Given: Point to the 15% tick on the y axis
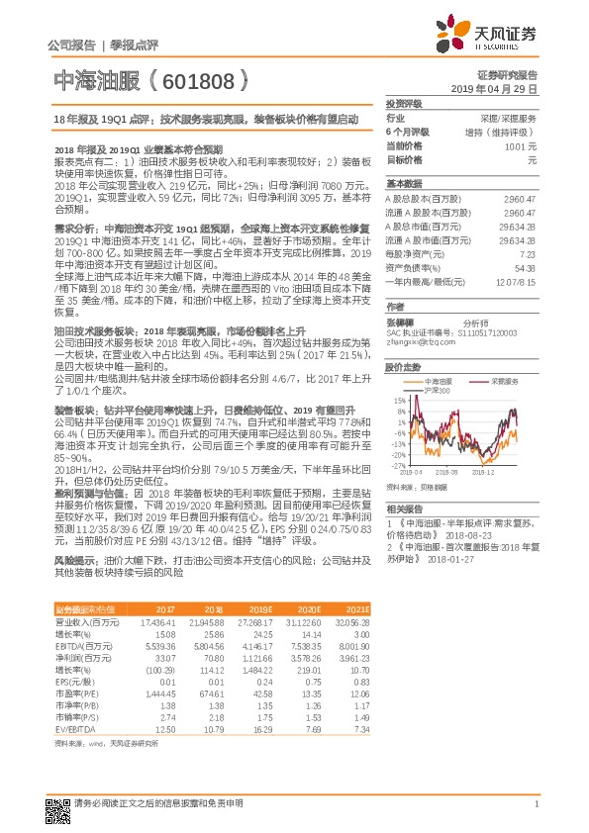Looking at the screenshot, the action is pos(400,400).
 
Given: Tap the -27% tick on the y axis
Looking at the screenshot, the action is pos(399,465).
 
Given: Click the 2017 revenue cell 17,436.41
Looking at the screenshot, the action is pos(158,622).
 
